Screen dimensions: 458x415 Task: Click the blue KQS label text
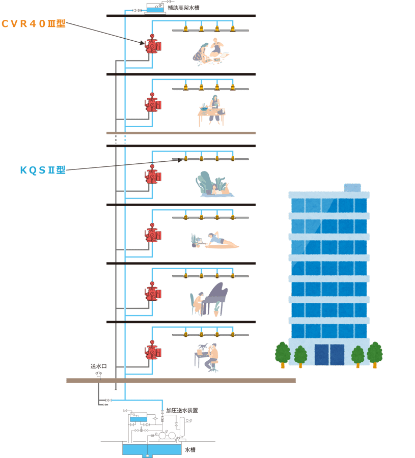tap(43, 170)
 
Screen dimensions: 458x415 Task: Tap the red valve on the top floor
tap(152, 45)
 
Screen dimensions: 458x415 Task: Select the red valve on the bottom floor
tap(152, 352)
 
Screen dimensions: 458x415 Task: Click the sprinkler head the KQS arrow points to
tap(186, 159)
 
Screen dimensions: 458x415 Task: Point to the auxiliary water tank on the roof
tap(155, 9)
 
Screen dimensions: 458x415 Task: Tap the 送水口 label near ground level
tap(98, 366)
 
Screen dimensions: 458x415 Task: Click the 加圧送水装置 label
tap(182, 410)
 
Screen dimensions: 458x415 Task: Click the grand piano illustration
tap(211, 298)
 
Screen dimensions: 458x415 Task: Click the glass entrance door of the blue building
tap(329, 355)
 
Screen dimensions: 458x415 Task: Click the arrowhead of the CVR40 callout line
tap(144, 43)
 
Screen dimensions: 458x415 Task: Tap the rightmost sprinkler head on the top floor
tap(233, 30)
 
